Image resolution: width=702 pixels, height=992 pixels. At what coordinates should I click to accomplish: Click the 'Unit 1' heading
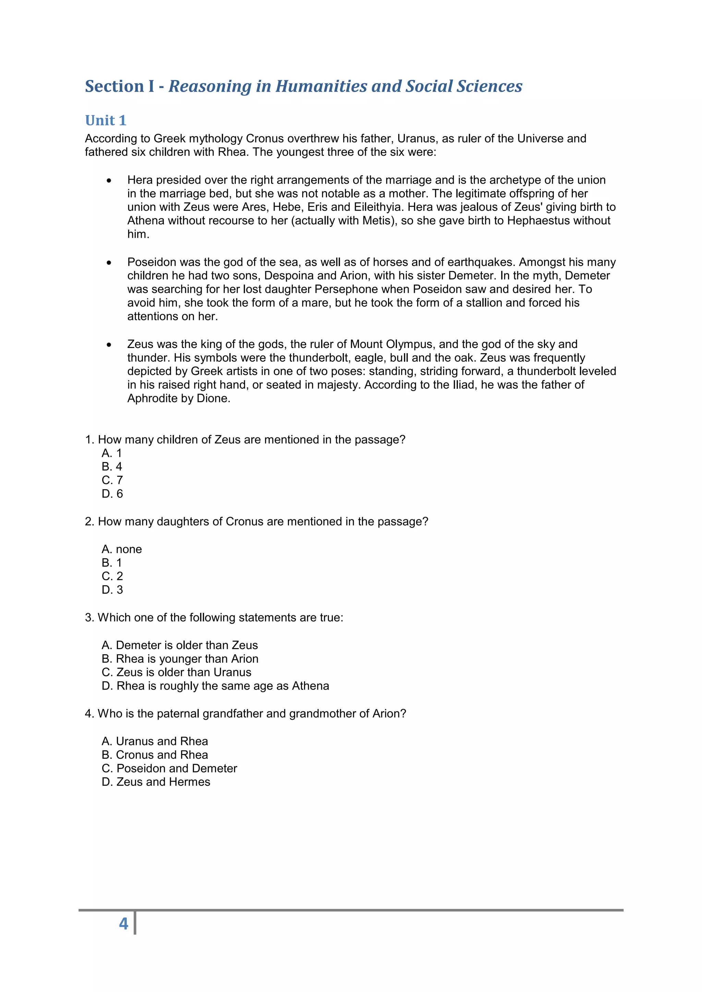(x=106, y=120)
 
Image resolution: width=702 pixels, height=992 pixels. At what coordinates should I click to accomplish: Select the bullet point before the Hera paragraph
(x=109, y=181)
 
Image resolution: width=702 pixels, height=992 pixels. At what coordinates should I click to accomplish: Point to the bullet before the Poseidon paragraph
(x=109, y=263)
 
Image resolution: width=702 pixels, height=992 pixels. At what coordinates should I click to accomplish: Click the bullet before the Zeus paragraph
(x=109, y=345)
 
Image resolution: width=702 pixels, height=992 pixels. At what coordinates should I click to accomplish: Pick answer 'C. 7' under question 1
(x=112, y=480)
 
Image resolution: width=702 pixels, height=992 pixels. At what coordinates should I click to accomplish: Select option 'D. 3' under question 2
(x=112, y=590)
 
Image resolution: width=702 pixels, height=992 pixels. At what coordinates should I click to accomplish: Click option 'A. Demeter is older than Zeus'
(x=179, y=645)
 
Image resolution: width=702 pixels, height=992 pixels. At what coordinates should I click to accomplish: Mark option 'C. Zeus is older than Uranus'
(x=177, y=672)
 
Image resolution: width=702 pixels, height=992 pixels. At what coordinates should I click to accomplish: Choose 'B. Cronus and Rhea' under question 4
(x=155, y=755)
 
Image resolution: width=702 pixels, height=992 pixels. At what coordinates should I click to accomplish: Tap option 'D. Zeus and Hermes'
(x=156, y=782)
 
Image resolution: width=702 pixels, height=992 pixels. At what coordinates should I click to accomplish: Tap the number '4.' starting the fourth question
(x=89, y=714)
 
